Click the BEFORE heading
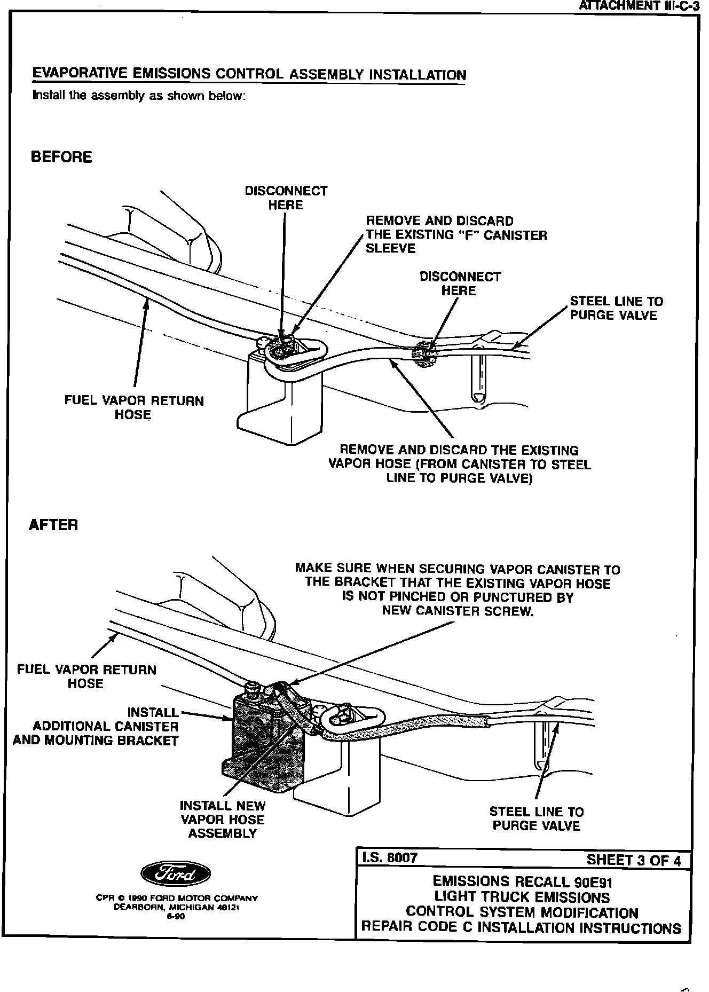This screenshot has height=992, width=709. [x=61, y=157]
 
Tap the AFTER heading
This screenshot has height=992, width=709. [x=53, y=525]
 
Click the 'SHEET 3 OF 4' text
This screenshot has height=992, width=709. [x=634, y=860]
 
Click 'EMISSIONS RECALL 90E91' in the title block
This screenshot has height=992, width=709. [x=522, y=880]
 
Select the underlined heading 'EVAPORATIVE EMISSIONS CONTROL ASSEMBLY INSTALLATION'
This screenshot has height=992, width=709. [x=249, y=74]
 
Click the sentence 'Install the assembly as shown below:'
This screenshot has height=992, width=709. [x=139, y=96]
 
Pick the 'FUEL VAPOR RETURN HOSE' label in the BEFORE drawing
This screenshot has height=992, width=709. [x=133, y=407]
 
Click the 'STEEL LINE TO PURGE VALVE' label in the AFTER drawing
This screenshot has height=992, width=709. [x=536, y=818]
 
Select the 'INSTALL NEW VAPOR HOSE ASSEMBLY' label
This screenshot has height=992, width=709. [x=222, y=819]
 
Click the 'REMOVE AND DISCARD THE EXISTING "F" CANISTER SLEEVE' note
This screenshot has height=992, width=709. [x=456, y=234]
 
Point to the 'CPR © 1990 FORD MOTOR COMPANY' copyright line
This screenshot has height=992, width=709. [x=176, y=898]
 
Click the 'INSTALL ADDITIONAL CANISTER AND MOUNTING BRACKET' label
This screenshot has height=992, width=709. [x=96, y=726]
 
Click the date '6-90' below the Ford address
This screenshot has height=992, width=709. [x=177, y=917]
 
